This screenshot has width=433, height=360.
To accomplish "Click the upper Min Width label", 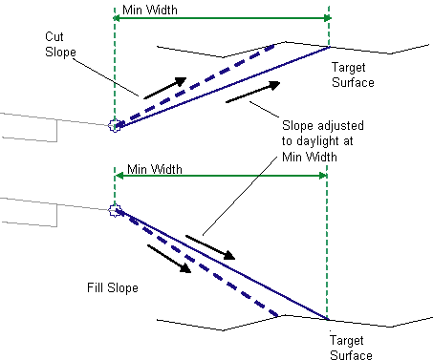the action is [150, 11].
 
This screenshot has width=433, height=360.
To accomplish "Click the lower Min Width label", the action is [155, 169].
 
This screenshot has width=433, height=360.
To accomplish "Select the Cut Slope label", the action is [60, 45].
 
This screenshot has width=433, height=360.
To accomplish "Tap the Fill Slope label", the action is [113, 287].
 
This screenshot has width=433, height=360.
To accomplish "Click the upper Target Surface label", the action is [353, 74].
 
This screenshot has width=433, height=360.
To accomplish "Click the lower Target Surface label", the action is [351, 348].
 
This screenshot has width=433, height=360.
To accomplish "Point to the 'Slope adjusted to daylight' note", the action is [322, 141].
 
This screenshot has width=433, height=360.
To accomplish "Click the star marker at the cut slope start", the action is [115, 125].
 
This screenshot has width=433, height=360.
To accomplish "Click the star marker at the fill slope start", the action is [115, 210].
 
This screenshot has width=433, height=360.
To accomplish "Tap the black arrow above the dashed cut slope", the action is [165, 88].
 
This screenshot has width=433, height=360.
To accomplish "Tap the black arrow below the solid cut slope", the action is [253, 92].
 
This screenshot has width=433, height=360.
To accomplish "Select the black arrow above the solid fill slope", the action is [210, 247].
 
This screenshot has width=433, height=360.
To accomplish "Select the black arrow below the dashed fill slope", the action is [169, 259].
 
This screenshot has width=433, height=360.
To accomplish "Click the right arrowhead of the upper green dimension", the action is [327, 18].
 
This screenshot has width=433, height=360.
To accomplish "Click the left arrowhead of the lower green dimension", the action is [119, 176].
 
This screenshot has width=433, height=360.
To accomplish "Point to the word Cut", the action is [54, 36].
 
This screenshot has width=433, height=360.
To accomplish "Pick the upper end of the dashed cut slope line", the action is [274, 46].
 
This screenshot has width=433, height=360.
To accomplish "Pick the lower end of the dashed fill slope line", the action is [278, 316].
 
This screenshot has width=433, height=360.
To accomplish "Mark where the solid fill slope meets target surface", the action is [327, 319].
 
